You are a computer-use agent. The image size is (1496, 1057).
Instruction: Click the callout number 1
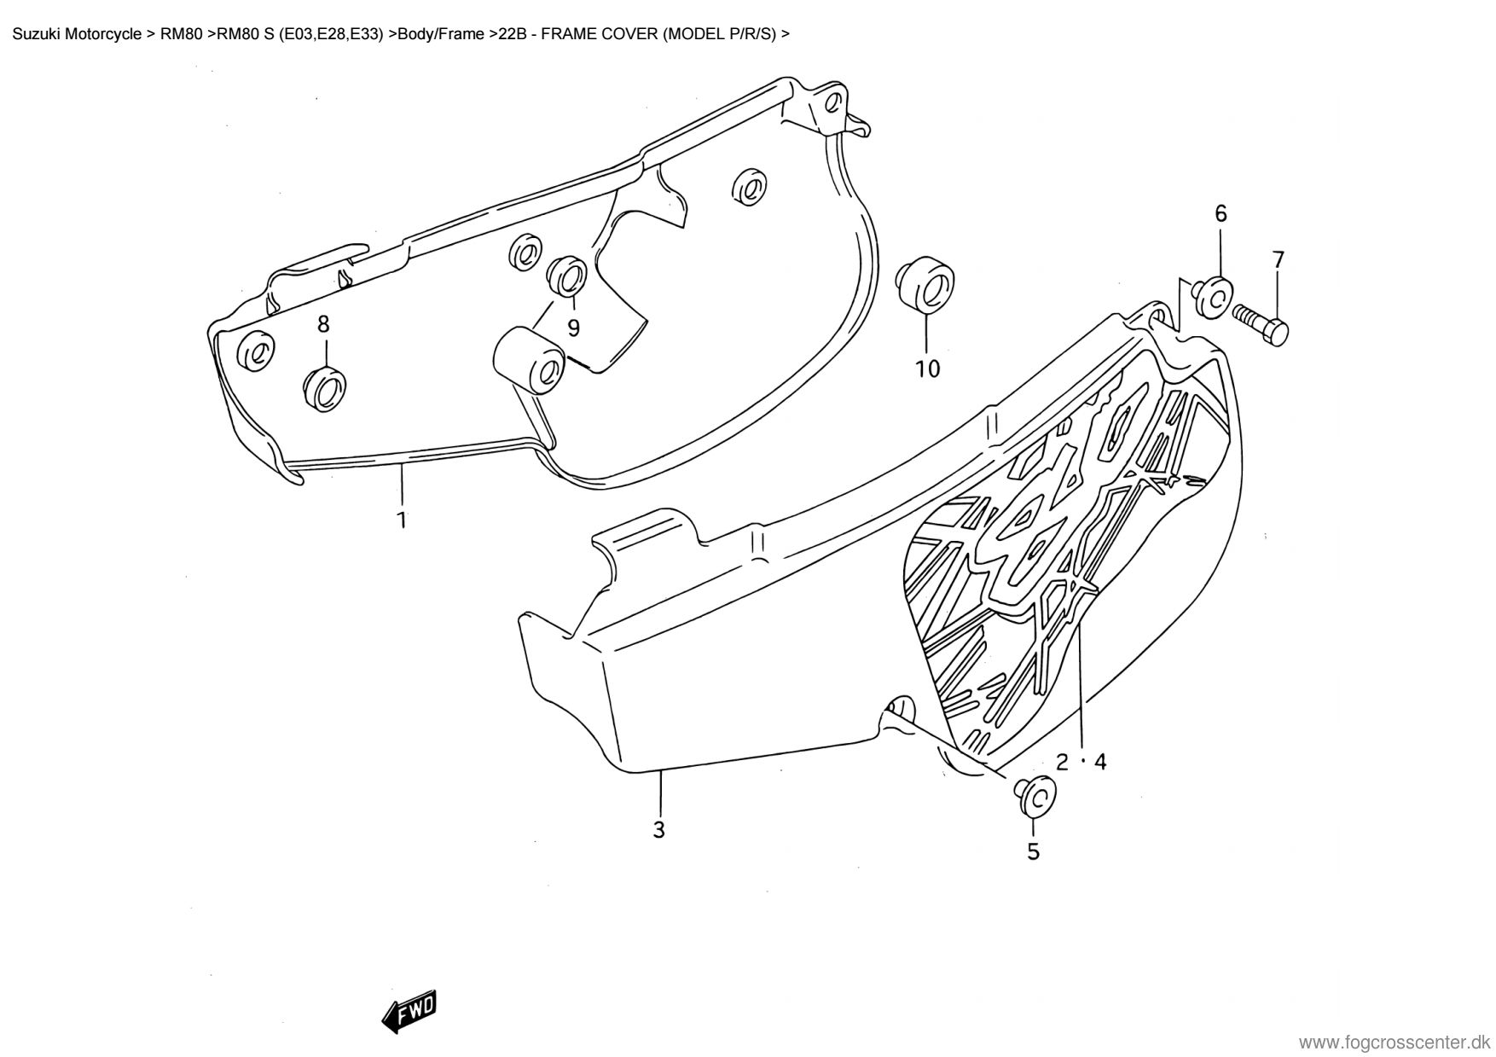point(401,519)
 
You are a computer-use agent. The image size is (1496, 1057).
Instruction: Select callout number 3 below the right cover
point(658,829)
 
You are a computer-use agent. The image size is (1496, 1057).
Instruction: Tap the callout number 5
point(1033,851)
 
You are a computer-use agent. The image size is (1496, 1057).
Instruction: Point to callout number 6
point(1221,214)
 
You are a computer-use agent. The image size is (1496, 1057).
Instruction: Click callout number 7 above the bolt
point(1278,260)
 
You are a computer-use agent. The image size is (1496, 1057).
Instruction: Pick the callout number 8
point(323,324)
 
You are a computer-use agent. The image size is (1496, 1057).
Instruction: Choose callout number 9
point(573,328)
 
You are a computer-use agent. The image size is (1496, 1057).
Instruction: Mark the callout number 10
point(927,369)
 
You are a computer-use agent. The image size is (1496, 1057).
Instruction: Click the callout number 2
point(1062,762)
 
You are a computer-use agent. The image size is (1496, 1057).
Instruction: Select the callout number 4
point(1100,762)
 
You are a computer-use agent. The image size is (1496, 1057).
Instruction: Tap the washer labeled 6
point(1212,296)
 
